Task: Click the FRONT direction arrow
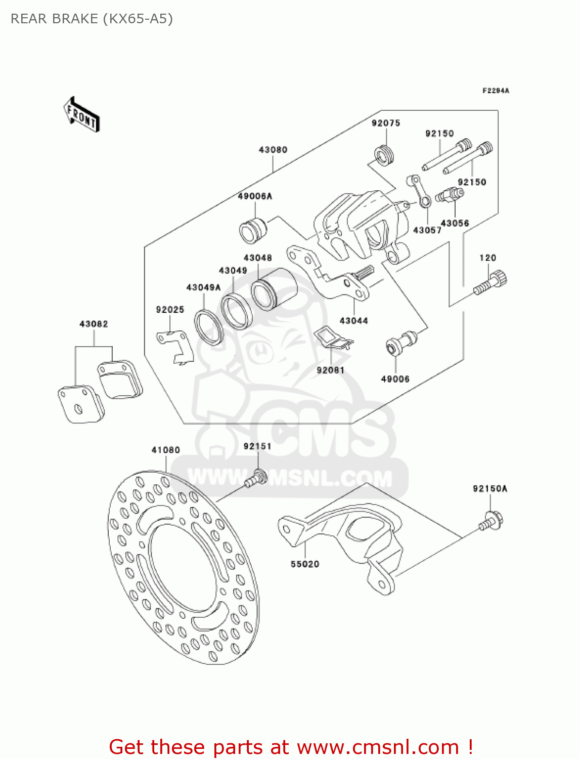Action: coord(81,115)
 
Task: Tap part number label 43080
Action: coord(273,150)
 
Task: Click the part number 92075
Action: coord(386,123)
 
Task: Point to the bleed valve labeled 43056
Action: coord(450,195)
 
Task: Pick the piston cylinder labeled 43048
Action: coord(274,288)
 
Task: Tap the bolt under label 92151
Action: coord(256,478)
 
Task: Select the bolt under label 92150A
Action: coord(491,521)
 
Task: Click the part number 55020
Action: coord(305,564)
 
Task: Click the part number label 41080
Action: coord(166,450)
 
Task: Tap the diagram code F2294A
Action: coord(496,91)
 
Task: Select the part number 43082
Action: coord(94,324)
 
